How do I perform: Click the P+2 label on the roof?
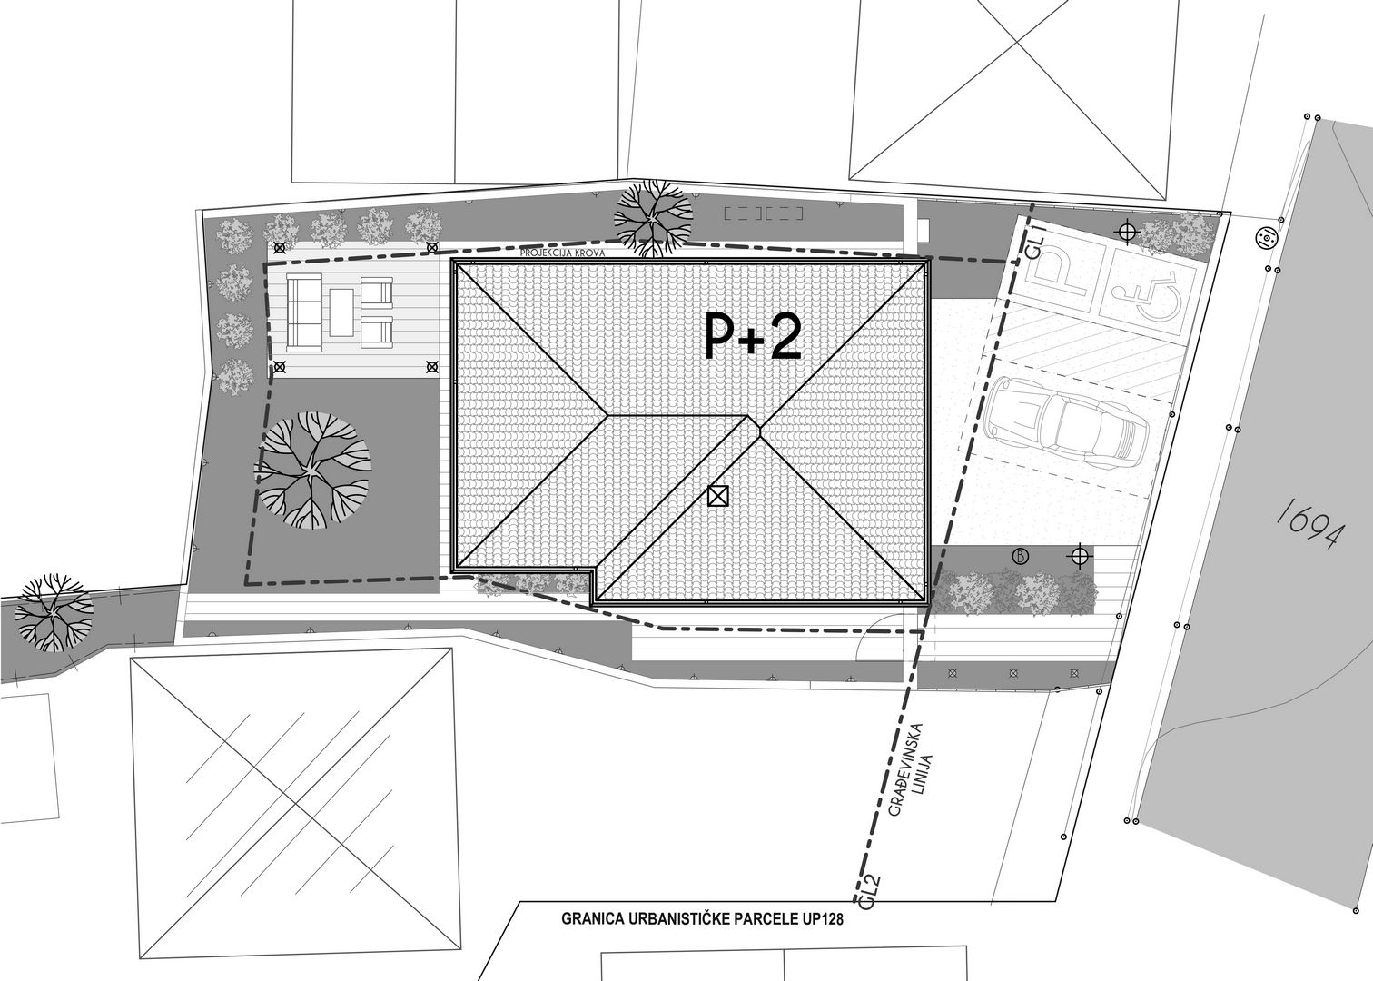[754, 336]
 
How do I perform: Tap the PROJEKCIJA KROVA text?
[563, 253]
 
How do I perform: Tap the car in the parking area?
[1066, 423]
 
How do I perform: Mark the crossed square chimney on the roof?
[717, 495]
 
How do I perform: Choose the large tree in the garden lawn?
[312, 471]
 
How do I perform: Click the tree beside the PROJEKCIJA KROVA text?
[654, 218]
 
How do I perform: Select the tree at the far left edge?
[54, 612]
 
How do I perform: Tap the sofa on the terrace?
[304, 312]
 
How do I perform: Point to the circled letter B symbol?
[1021, 557]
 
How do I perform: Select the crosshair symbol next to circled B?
[1080, 557]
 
